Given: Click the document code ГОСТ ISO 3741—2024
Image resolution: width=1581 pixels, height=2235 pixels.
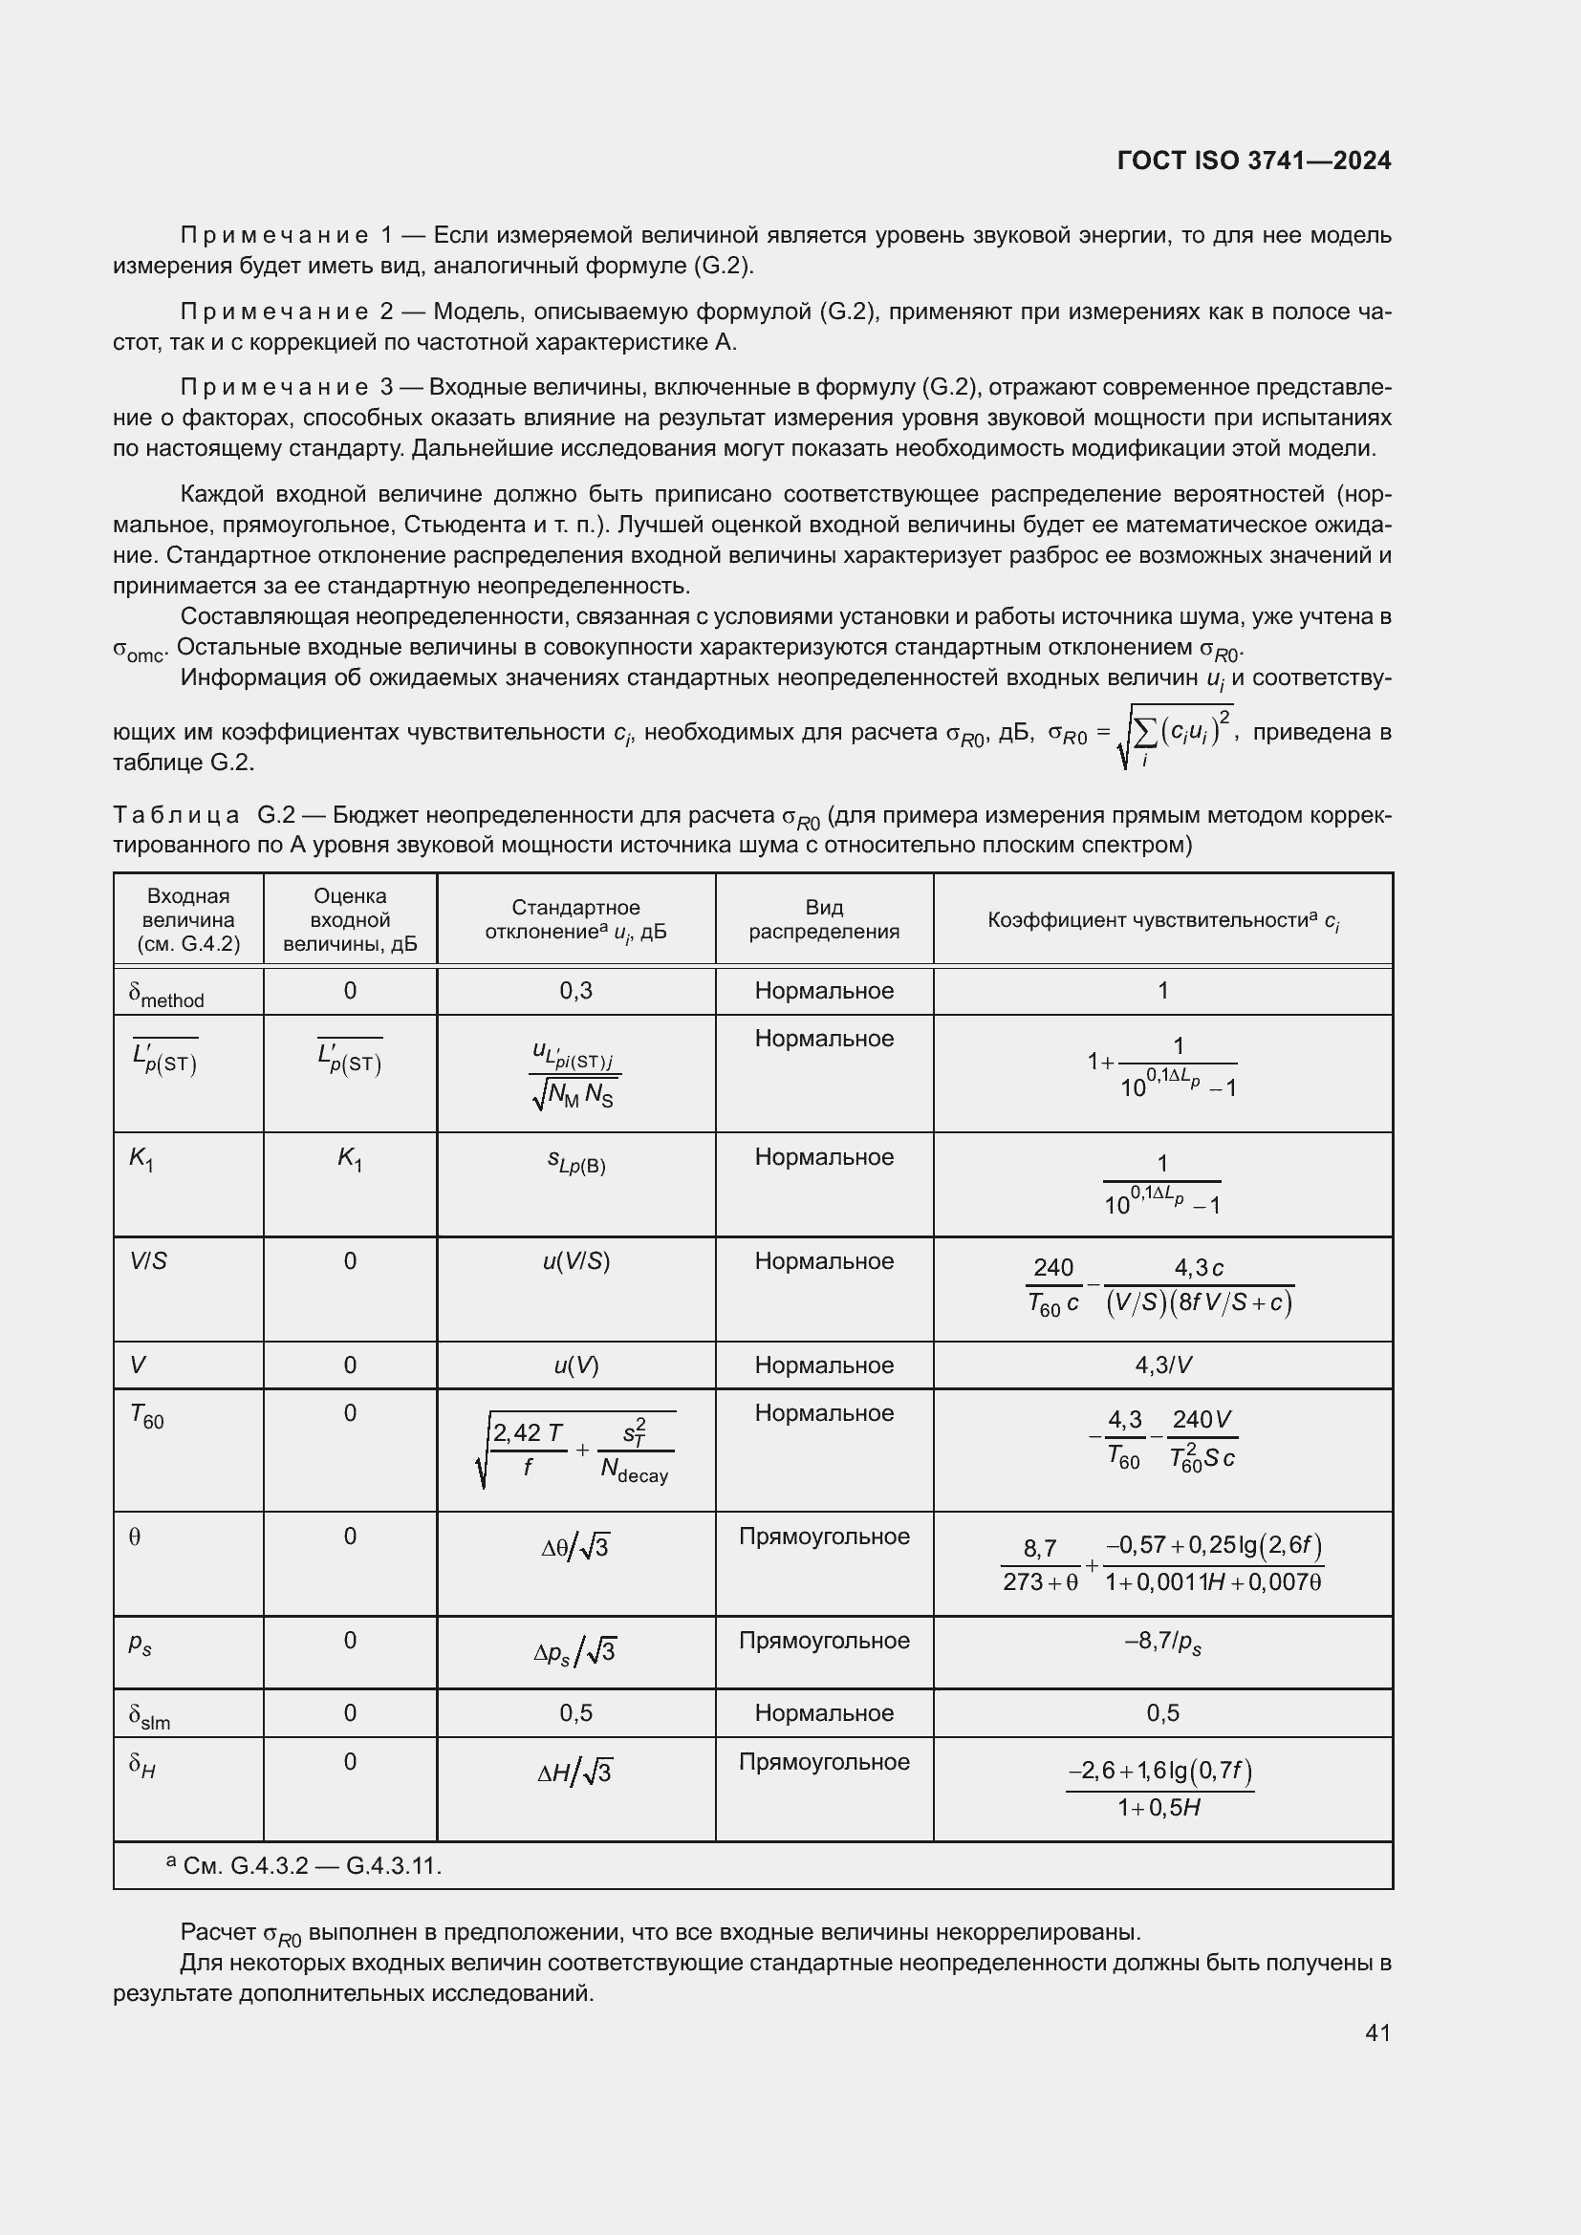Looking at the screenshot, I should click(x=1254, y=161).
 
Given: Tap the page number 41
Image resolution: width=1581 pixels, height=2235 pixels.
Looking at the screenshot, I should click(x=1376, y=2032).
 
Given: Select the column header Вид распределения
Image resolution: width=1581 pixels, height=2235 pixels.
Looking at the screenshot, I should click(x=824, y=919).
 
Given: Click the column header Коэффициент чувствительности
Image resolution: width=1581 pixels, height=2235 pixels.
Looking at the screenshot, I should click(x=1162, y=920).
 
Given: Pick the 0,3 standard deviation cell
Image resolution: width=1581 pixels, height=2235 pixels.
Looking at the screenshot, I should click(x=575, y=991).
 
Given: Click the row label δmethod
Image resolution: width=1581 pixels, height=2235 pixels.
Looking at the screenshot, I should click(x=166, y=994).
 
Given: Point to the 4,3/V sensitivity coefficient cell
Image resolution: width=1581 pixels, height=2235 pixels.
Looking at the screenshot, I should click(x=1162, y=1365).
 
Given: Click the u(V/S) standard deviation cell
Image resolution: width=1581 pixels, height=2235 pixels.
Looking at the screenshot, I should click(x=575, y=1261).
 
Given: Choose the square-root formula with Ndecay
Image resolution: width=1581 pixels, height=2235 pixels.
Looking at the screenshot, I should click(x=575, y=1449).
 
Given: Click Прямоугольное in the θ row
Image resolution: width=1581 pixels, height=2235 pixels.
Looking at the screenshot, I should click(x=824, y=1537).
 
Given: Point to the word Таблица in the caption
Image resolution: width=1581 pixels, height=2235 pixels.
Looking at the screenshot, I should click(x=176, y=815).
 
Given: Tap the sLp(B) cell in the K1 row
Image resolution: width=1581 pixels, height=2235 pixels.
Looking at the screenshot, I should click(x=575, y=1161).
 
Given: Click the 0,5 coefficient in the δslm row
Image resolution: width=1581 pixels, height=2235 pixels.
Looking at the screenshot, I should click(x=1162, y=1713).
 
